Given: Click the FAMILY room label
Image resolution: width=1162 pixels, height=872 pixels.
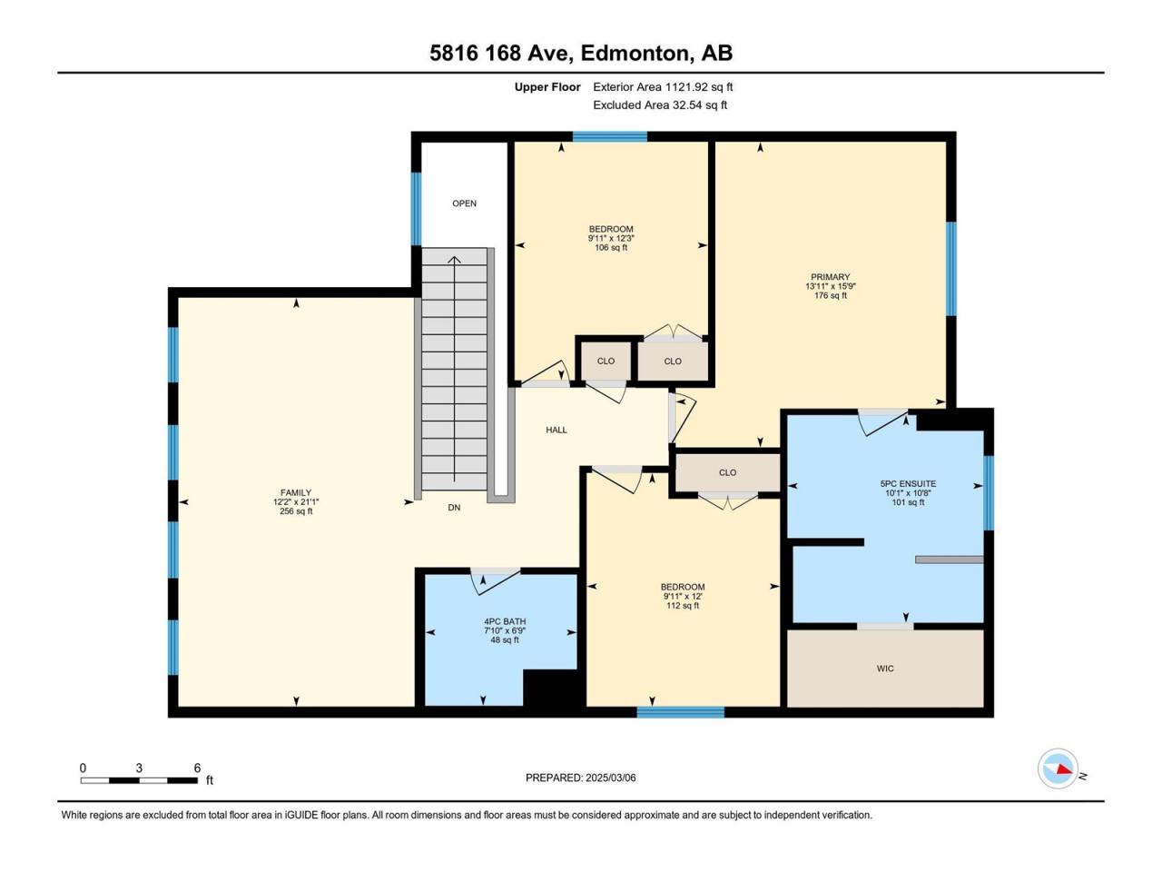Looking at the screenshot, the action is tap(296, 492).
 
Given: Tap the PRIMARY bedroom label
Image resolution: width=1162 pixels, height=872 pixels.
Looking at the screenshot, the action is tap(830, 277).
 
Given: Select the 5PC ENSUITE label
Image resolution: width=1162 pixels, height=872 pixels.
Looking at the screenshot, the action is tap(908, 483).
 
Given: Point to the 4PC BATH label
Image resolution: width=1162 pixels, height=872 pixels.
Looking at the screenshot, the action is tap(505, 621).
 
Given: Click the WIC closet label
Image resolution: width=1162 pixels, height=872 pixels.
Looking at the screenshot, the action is tap(885, 669).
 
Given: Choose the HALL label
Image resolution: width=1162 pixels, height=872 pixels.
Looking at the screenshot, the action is tap(556, 430).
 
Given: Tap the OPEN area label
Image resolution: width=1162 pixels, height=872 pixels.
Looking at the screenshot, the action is tap(464, 203).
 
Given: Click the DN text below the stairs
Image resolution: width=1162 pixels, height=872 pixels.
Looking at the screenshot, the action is tap(454, 507).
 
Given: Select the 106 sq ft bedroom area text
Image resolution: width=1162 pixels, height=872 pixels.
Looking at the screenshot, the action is tap(611, 247).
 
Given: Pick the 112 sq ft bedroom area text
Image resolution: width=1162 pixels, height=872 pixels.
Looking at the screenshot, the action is tap(683, 605).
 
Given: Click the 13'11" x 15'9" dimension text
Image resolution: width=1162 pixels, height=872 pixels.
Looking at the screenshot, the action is tap(831, 286).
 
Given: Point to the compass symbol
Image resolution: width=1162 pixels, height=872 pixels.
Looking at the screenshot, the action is tap(1058, 768).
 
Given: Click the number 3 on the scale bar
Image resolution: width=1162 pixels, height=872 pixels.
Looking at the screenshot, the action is tap(139, 768).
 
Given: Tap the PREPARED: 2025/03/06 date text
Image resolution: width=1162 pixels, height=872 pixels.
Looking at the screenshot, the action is tap(581, 778).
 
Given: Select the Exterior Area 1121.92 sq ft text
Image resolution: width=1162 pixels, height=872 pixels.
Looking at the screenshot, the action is tap(663, 87).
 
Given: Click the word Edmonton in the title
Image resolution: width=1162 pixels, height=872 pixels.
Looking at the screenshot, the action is tap(637, 54).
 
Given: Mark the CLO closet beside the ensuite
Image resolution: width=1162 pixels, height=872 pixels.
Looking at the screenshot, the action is tap(727, 472).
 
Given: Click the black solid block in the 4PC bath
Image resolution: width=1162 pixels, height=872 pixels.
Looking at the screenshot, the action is tap(550, 688).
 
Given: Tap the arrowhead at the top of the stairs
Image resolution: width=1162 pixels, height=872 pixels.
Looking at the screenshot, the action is tap(454, 260).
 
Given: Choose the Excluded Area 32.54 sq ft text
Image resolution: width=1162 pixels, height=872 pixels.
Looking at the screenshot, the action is tap(660, 104).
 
